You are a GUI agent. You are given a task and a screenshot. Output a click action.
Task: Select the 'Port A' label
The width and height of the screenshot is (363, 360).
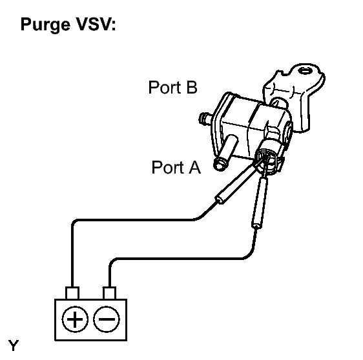tap(176, 168)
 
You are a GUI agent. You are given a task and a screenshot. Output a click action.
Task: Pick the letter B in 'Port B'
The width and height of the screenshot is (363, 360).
tap(191, 87)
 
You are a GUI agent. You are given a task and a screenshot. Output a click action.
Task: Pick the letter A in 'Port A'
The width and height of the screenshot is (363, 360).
tap(195, 168)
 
